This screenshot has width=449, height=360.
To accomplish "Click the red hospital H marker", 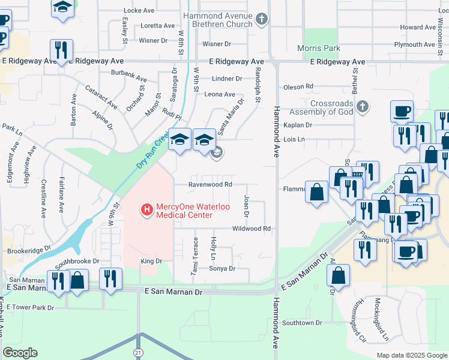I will pos(145,209).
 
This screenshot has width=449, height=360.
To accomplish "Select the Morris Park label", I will pos(319,48).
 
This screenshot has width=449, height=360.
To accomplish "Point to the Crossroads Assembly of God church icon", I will pos(361,107).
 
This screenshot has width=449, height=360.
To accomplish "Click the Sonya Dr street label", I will pos(222,268).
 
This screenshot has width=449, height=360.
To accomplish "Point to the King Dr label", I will pos(151,261).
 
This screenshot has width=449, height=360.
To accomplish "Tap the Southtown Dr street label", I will pos(302,323).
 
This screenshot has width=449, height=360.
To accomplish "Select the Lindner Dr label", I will pos(226,79).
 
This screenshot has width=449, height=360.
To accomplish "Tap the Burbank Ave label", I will pos(128,78).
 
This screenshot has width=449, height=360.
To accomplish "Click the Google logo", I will pos(20,353).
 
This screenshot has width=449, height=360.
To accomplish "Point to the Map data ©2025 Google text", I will pos(411,355).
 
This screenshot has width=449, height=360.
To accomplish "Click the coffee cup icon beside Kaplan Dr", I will pos(402,112).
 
